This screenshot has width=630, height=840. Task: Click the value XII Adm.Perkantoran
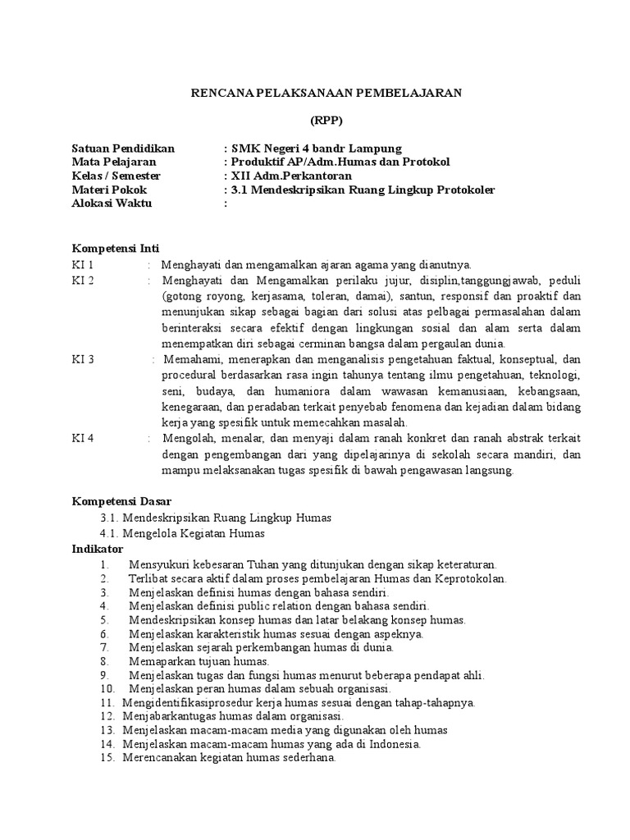tap(291, 176)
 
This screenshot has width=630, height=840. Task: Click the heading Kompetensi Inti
tap(116, 248)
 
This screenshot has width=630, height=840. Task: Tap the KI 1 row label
tap(84, 264)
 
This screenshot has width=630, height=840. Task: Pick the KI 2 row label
tap(84, 280)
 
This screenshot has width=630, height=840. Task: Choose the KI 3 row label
tap(84, 359)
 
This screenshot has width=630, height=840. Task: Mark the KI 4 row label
tap(84, 438)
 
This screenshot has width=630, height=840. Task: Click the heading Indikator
tap(98, 549)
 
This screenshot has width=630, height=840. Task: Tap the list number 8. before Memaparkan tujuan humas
tap(105, 660)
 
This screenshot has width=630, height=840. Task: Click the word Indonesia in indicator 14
tap(394, 744)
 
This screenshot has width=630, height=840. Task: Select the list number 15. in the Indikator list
tap(107, 760)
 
